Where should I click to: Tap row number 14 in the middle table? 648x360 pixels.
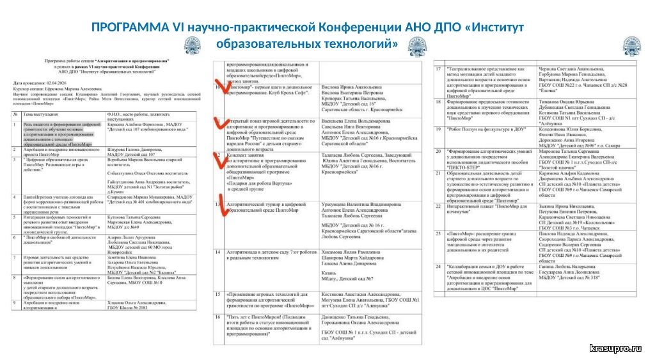coord(218,252)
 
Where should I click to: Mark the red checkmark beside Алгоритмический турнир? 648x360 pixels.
coord(219,208)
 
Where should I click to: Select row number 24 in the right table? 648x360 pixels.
coord(439,265)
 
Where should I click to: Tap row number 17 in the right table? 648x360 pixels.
coord(439,69)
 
